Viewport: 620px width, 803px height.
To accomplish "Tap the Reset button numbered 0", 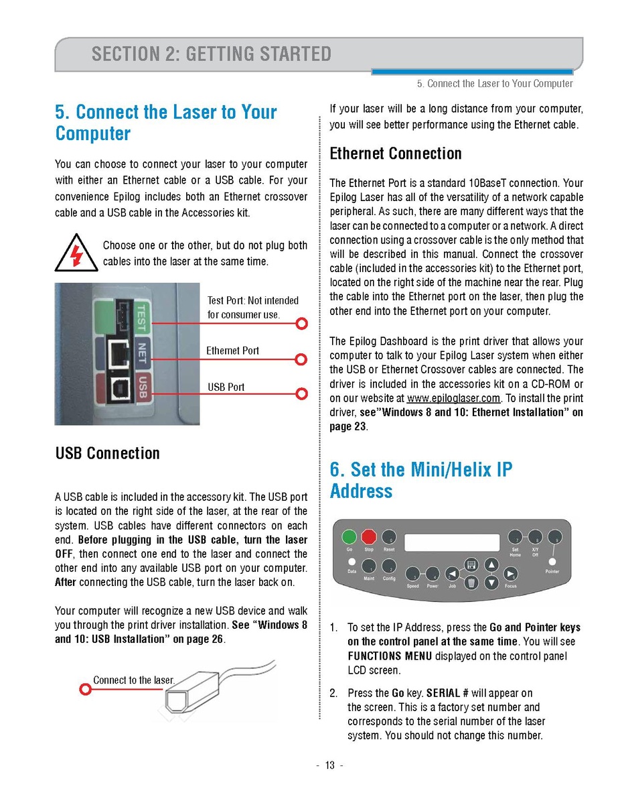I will point(388,537).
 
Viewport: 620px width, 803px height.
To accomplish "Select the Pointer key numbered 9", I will point(553,538).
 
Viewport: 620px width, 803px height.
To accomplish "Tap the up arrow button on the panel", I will point(491,564).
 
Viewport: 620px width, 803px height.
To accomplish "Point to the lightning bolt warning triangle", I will point(75,254).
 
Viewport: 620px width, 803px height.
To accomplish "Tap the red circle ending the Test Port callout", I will point(302,324).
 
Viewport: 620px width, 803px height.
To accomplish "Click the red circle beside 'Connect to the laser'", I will point(85,688).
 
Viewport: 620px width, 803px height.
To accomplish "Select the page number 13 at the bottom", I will point(329,765).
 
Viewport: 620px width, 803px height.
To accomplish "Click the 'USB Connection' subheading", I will point(107,453).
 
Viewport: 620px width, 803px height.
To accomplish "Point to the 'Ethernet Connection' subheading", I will point(395,153).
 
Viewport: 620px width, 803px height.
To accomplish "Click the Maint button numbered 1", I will point(369,567).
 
